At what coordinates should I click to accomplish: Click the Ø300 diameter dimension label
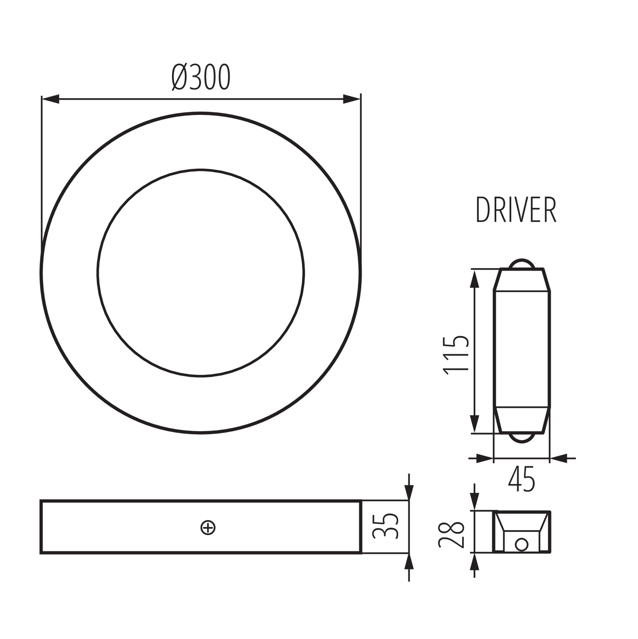pos(201,77)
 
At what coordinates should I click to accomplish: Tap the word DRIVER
pos(516,210)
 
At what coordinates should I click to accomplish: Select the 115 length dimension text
pos(457,355)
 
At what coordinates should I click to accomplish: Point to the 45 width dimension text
pos(522,479)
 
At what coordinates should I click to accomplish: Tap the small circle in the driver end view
pos(522,544)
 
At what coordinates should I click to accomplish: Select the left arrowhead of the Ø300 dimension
pos(50,99)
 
